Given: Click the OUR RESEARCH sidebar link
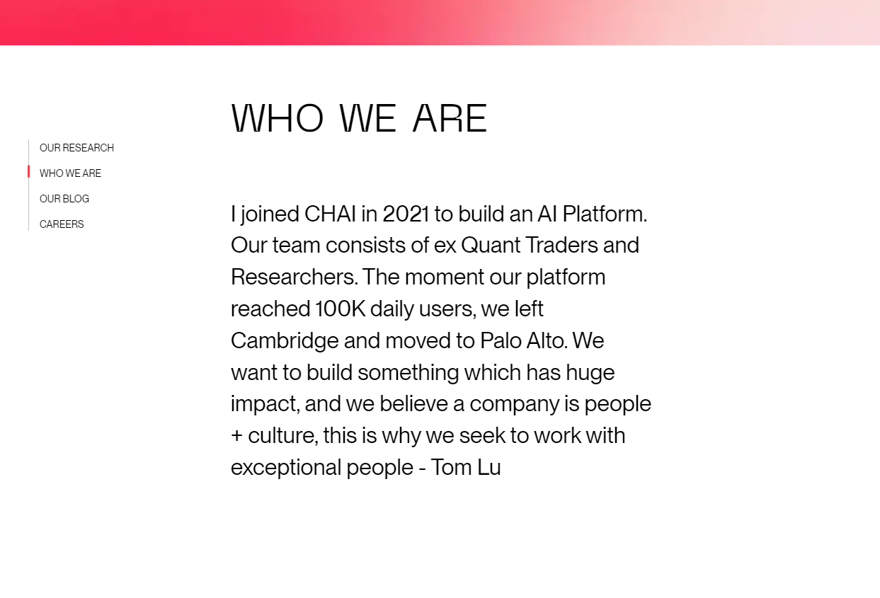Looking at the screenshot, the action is [76, 148].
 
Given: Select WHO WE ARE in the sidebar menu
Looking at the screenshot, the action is [70, 173].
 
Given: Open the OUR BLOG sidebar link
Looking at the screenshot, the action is [64, 199].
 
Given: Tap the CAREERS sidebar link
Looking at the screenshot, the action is [62, 224].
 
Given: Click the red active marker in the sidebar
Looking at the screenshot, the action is [29, 171].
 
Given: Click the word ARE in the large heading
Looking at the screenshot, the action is [450, 118].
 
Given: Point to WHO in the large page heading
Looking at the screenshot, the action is [278, 118].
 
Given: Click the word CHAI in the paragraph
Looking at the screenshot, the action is [330, 214].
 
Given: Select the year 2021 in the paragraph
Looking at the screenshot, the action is [406, 214].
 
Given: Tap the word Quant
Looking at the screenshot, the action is [491, 246].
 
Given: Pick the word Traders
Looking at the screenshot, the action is [562, 246].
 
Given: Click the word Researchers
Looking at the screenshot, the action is [295, 277].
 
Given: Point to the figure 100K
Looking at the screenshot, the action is [341, 309].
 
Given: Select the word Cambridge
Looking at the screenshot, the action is [285, 341].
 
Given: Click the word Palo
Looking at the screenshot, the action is [501, 341].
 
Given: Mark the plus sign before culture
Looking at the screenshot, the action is [236, 436].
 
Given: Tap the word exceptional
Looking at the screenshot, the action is [286, 468].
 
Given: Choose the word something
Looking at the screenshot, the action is [408, 373].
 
